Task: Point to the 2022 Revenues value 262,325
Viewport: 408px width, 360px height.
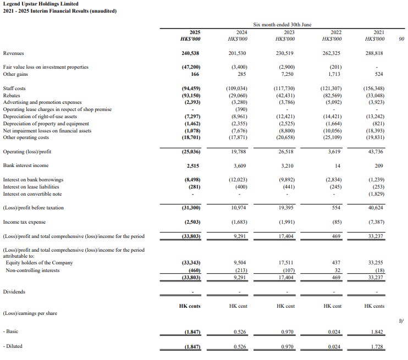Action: click(x=330, y=53)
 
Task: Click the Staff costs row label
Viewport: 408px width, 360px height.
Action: click(x=14, y=88)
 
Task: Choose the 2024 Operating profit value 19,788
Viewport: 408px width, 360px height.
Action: click(x=238, y=151)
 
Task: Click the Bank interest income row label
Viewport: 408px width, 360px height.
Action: click(x=25, y=165)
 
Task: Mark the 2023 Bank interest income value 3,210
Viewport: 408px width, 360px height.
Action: click(x=284, y=165)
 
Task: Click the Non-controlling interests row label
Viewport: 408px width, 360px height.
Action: click(x=32, y=270)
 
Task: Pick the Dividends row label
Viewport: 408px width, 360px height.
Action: click(x=14, y=291)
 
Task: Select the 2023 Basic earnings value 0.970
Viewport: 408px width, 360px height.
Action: click(x=285, y=331)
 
